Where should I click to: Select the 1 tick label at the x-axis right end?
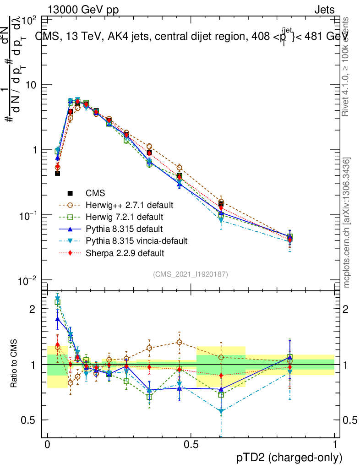coord(335,445)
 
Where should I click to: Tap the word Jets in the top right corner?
coord(324,10)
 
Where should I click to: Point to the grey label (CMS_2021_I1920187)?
coord(191,274)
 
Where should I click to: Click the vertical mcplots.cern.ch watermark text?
coord(347,222)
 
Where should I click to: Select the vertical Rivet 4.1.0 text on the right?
coord(346,66)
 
